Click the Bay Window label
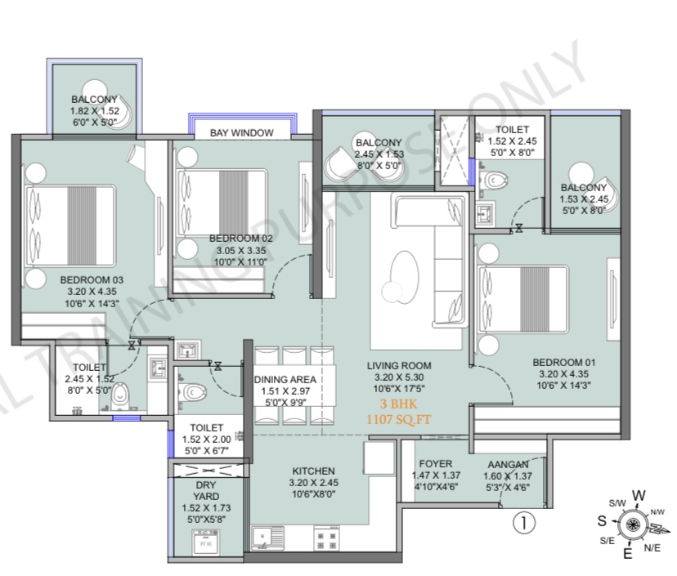tap(242, 133)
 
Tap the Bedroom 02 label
tap(241, 239)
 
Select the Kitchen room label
tap(313, 471)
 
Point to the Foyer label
tap(436, 464)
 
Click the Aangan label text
tap(508, 465)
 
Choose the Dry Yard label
tap(206, 490)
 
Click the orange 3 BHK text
tap(398, 404)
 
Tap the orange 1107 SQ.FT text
tap(398, 419)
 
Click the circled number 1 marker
tap(524, 523)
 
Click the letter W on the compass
tap(639, 495)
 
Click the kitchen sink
tap(267, 538)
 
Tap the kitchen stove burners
tap(326, 538)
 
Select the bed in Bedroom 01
tap(522, 299)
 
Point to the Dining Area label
tap(285, 380)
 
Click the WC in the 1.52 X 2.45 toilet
tap(495, 180)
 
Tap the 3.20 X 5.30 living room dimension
tap(398, 377)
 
